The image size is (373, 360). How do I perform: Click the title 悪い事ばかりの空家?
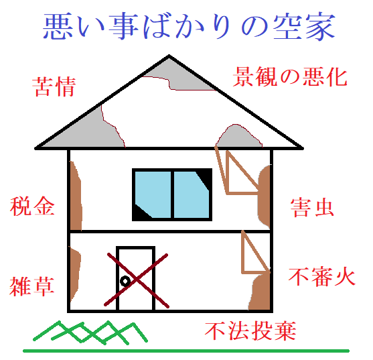pos(189,25)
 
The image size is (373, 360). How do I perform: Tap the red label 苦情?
pos(54,86)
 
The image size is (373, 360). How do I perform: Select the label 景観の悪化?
pos(290,76)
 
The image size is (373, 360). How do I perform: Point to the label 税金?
pos(32,206)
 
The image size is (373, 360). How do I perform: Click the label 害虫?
pos(312,208)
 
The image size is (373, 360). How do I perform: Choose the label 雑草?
pos(32,286)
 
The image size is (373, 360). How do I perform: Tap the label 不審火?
pos(322,277)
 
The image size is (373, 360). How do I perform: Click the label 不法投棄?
pos(250,331)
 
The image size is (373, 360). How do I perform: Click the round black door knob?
pos(125,282)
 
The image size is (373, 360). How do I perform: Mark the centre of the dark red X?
pos(137,280)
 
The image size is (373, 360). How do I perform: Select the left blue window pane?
pos(153,194)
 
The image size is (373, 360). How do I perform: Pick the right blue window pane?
pos(192,194)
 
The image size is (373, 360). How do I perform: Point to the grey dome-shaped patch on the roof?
pos(238,137)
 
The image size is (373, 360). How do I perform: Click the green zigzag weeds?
pos(90,333)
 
